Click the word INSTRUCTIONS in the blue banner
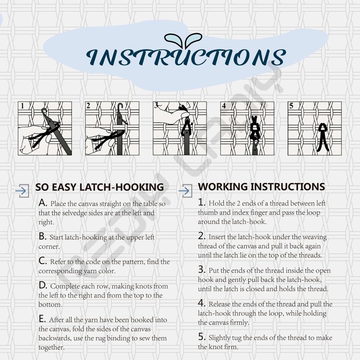(x=186, y=57)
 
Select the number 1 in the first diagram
(x=22, y=106)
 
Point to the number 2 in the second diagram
(x=89, y=105)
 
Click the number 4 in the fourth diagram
(x=224, y=105)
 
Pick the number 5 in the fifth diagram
(x=291, y=105)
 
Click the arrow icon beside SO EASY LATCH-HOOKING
(x=22, y=190)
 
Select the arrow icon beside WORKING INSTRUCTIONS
(x=185, y=190)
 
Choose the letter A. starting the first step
(x=43, y=203)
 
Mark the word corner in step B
(x=49, y=247)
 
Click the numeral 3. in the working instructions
(x=202, y=270)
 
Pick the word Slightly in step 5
(x=219, y=338)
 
